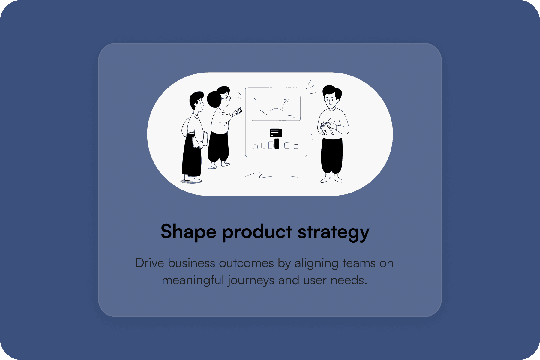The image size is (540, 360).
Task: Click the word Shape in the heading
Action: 188,232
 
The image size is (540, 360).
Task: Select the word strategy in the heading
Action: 334,232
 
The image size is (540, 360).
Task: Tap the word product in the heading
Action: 257,232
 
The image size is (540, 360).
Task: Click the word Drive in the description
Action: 150,263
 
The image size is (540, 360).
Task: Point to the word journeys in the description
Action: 251,281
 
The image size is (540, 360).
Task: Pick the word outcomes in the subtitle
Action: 246,263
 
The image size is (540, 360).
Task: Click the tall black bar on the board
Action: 277,143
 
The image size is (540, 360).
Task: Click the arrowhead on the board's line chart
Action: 286,100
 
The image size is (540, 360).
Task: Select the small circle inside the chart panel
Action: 256,98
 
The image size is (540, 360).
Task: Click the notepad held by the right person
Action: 327,129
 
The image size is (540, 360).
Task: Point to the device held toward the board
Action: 239,111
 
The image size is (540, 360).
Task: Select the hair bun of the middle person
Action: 214,99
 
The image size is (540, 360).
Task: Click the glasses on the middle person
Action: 227,97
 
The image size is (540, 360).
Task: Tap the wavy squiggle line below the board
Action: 271,175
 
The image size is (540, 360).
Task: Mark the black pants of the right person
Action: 332,156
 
